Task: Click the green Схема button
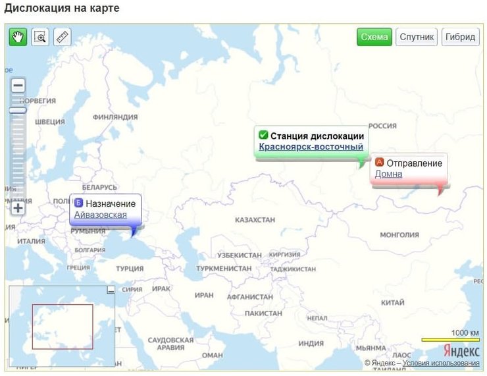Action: point(374,37)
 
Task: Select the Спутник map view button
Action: point(417,37)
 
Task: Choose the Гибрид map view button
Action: point(461,37)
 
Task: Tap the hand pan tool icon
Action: point(18,37)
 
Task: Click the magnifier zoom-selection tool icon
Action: point(40,37)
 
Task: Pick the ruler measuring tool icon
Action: point(63,37)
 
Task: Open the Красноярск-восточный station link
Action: point(311,147)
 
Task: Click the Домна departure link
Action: point(388,175)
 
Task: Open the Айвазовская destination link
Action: point(101,215)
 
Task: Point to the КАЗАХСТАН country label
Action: point(255,219)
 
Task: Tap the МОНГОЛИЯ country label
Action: point(399,234)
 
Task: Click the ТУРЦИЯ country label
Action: point(130,269)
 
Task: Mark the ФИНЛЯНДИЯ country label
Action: point(115,117)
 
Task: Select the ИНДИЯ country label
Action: point(311,344)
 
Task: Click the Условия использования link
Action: point(441,363)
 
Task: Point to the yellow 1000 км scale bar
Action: point(450,340)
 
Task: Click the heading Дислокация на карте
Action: point(63,9)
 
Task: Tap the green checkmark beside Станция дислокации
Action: point(263,136)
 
